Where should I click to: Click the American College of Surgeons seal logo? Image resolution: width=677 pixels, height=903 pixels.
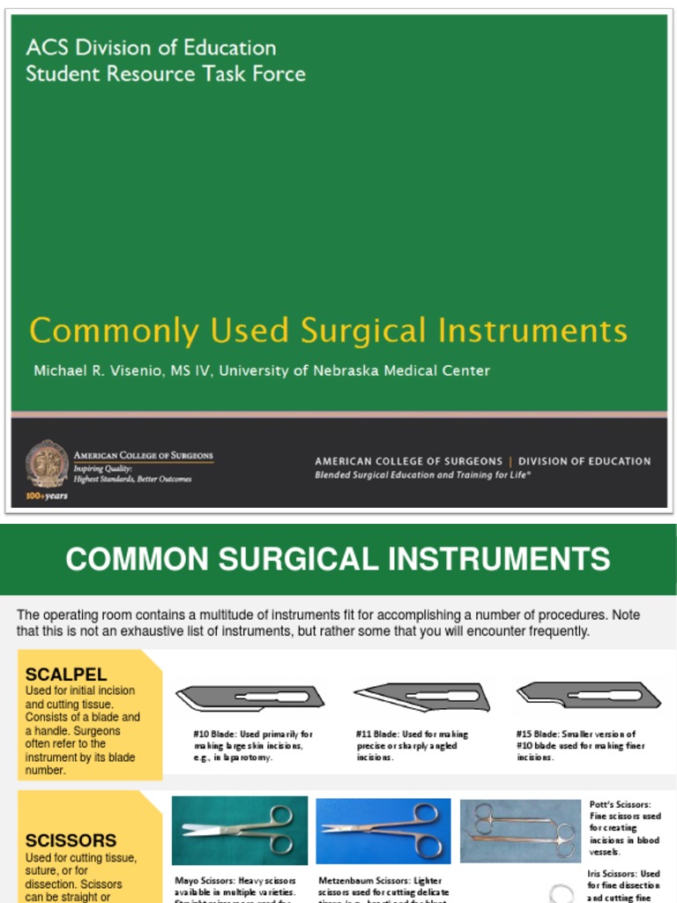(47, 464)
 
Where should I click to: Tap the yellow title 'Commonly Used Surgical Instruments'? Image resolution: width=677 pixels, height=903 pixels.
(328, 331)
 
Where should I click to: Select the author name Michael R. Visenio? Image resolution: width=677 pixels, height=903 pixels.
(97, 370)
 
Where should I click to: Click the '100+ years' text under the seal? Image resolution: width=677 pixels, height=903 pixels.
(47, 495)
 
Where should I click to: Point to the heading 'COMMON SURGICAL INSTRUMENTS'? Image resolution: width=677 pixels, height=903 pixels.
(338, 559)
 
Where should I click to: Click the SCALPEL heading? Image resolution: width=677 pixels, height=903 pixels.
(66, 675)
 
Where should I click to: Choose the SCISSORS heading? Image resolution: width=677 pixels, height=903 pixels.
(71, 840)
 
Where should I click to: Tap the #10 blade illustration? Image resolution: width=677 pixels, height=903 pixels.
(250, 698)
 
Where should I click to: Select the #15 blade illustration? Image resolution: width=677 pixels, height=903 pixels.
(589, 695)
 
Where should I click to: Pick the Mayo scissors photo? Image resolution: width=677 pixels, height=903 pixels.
(240, 830)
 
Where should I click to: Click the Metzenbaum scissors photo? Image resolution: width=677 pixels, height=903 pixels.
(383, 830)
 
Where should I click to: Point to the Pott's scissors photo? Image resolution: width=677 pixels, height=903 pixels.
(520, 830)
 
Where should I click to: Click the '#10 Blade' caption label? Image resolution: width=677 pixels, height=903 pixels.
(214, 735)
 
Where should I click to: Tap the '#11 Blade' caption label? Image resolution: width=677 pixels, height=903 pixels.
(376, 735)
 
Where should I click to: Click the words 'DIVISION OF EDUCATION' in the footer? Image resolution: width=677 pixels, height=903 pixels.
(584, 461)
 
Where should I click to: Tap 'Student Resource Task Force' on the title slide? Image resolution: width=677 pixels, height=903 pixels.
(166, 73)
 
